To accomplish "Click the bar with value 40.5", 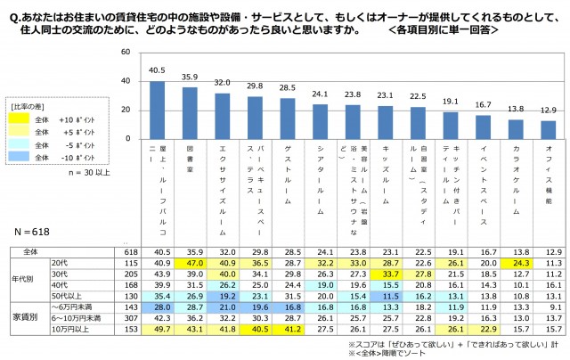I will (x=156, y=107).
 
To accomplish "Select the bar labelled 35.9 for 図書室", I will (x=190, y=110).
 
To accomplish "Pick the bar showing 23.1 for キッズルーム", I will (x=386, y=119).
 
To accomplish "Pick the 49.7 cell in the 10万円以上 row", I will (x=156, y=327).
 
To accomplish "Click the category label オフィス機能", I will (x=550, y=169).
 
